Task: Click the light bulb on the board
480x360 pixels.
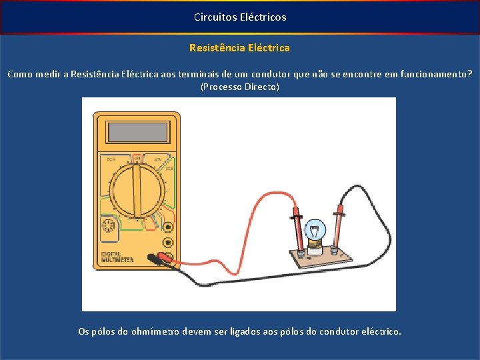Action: click(x=315, y=232)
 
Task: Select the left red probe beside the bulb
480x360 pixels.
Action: click(x=296, y=230)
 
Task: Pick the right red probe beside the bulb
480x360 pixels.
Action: click(x=339, y=227)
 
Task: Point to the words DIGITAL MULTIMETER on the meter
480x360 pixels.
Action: click(x=116, y=257)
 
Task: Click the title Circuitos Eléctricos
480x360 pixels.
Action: click(x=240, y=17)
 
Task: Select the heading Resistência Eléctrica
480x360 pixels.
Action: click(x=240, y=48)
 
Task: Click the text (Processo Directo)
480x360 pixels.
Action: click(x=240, y=87)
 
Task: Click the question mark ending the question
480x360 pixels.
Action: click(x=470, y=74)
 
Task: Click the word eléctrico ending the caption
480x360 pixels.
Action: click(x=381, y=331)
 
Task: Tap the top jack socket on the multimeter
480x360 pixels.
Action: click(x=169, y=227)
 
